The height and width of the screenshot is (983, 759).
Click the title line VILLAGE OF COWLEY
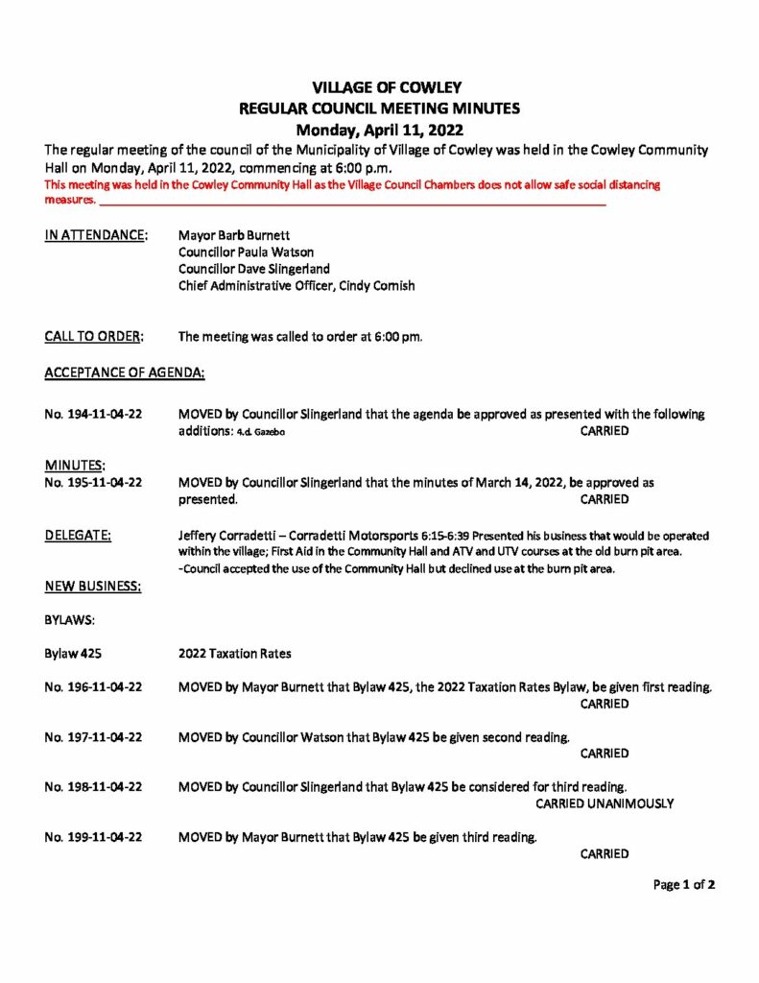[x=379, y=88]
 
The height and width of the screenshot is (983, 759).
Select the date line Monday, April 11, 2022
[x=379, y=130]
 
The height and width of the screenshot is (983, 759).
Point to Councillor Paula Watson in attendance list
[x=246, y=252]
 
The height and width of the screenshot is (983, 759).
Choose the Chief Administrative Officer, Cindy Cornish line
[x=296, y=286]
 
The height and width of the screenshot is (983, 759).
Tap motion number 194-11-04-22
[x=94, y=415]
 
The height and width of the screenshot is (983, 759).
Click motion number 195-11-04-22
[x=94, y=482]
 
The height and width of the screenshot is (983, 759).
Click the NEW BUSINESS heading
[x=92, y=586]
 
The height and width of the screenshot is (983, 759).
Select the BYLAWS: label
[x=66, y=620]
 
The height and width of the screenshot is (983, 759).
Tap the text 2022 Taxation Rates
[x=235, y=654]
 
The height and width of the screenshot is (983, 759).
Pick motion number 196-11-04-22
[x=94, y=687]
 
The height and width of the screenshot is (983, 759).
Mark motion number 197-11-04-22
[x=94, y=737]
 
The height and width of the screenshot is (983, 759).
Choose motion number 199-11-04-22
[x=94, y=837]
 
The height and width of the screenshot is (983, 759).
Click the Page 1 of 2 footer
[x=684, y=885]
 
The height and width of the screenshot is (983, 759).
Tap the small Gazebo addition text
[x=260, y=433]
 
